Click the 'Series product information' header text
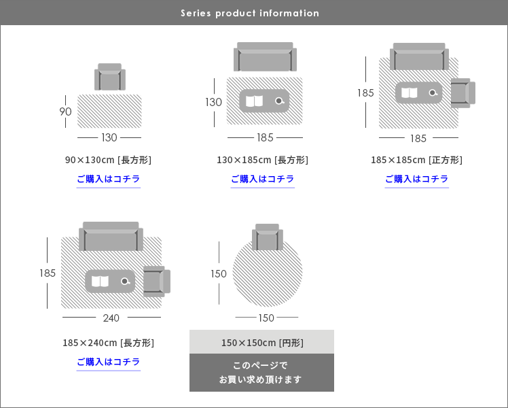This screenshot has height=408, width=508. (x=250, y=13)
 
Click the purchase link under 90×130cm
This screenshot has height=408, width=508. (x=109, y=180)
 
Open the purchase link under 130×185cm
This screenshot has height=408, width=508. (x=262, y=180)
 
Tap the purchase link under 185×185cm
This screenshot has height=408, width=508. (x=416, y=180)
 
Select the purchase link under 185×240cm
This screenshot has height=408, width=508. (x=109, y=362)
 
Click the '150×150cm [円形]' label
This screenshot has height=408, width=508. (x=262, y=343)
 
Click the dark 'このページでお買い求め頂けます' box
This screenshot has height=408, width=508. (x=261, y=373)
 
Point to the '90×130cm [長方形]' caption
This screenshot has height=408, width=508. (x=109, y=160)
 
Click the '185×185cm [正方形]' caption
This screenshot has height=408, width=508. (x=416, y=160)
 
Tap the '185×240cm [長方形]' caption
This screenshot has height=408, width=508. (x=109, y=343)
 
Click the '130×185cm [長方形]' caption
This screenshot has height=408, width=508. (x=262, y=160)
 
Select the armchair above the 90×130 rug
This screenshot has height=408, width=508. (x=109, y=78)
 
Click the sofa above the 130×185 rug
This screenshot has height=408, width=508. (x=265, y=58)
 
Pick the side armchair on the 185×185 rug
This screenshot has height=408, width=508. (x=462, y=93)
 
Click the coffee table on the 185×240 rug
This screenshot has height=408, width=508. (x=111, y=281)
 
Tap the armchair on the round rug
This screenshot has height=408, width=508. (x=267, y=237)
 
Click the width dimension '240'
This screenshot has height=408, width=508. (x=111, y=318)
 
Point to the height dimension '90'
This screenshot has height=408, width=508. (x=66, y=112)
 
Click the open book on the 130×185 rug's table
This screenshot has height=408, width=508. (x=254, y=101)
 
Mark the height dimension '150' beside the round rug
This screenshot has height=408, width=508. (x=219, y=274)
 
